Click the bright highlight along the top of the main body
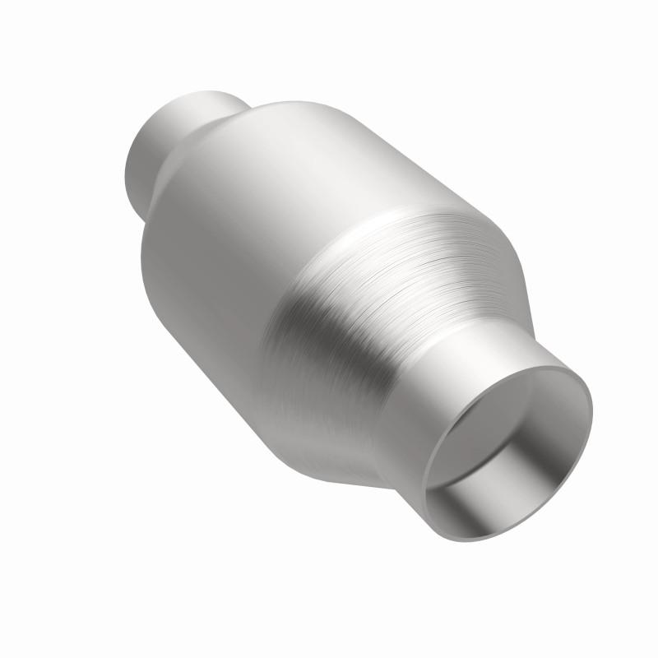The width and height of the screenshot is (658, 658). (x=313, y=140)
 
